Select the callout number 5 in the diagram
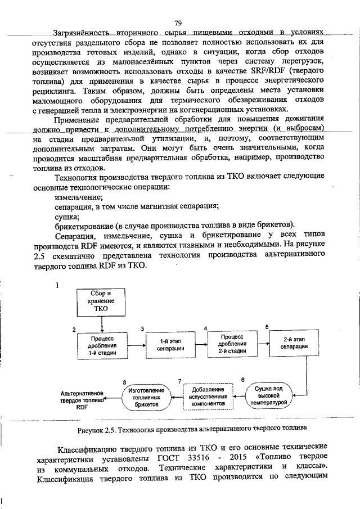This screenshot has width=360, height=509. point(267,326)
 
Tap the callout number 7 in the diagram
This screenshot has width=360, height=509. point(180,381)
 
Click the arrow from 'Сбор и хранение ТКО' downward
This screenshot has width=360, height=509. point(102,324)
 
